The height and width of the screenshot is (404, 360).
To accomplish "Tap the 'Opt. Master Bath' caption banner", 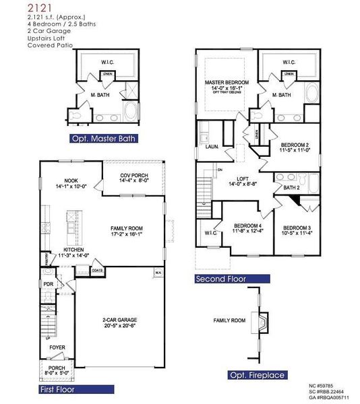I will (103, 139).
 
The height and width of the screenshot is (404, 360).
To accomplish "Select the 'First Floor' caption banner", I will (57, 389).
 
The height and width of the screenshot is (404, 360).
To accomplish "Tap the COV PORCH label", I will (133, 176).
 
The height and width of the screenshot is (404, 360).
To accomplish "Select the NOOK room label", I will (71, 180).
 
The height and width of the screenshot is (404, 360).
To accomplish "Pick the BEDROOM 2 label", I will (295, 145).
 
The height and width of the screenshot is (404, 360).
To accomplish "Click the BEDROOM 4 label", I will (247, 226).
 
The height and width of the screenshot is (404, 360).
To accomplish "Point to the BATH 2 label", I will (291, 188).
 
